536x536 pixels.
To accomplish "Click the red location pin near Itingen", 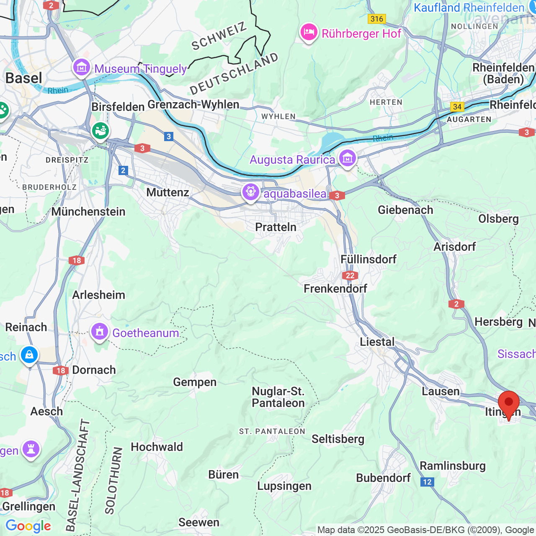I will coord(508,403).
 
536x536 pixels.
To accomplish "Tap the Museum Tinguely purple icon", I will coord(82,67).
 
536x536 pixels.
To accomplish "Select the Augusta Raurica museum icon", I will coord(348,159).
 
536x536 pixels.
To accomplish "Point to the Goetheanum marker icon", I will coord(99,332).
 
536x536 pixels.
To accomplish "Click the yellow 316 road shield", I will coord(376,19).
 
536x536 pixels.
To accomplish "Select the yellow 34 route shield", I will coord(457,107).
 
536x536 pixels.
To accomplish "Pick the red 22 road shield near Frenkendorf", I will coord(350,276).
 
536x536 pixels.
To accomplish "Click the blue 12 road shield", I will coord(427,482).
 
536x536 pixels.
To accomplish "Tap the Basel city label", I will coord(24,78).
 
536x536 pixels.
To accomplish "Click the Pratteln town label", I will coord(276,227).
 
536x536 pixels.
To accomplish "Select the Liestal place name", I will coord(377,342).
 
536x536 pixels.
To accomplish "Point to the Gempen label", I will coord(195,382).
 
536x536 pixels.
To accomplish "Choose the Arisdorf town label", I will coord(454,247).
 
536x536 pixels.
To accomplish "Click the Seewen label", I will coord(199,522).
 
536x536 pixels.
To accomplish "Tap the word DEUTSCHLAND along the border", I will coord(234,74).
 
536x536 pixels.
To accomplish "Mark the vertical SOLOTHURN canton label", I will coord(113,481).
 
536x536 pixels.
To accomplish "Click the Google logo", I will coord(28,526).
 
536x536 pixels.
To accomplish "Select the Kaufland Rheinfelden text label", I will coord(469,8).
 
